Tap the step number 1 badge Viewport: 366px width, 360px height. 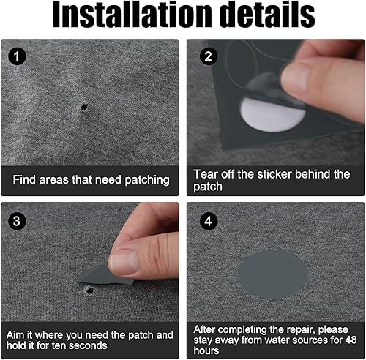click(17, 56)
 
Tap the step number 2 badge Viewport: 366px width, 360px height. click(209, 56)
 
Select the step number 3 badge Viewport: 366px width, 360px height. click(17, 221)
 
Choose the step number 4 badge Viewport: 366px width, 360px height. click(209, 221)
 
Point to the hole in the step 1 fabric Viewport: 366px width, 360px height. click(84, 107)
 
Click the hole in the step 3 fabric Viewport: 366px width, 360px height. click(89, 290)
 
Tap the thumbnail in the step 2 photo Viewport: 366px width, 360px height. click(295, 77)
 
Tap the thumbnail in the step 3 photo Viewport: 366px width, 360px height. click(124, 263)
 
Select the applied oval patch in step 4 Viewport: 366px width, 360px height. click(273, 274)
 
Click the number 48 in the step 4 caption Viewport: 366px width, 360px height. click(351, 340)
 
